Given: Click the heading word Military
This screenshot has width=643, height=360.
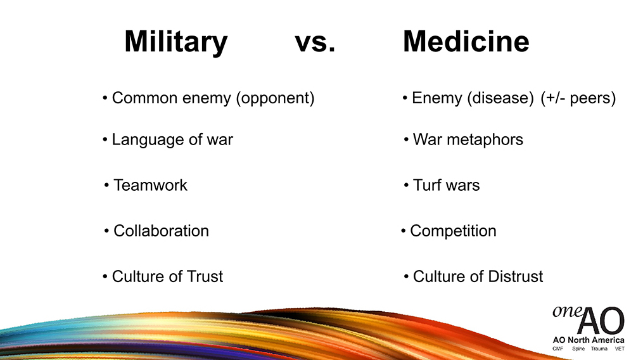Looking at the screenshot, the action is [176, 42].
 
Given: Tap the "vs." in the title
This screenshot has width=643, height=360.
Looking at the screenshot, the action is [315, 42].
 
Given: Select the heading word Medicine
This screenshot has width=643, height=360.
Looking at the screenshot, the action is [466, 41].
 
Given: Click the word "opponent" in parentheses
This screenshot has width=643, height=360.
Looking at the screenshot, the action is [275, 98].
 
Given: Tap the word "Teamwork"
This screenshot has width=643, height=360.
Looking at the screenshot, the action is [150, 185].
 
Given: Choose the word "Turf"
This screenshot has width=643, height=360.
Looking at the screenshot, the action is [427, 185].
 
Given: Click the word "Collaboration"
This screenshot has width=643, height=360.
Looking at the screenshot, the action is [161, 231].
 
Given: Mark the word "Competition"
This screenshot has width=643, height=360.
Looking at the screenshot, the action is [453, 231].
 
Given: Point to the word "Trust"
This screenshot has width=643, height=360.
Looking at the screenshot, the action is [205, 276].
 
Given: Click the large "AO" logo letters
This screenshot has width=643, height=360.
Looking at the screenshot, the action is [601, 320].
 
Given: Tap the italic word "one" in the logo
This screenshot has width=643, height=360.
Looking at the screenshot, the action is [567, 312].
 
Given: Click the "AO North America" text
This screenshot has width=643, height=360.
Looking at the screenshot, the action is [589, 340].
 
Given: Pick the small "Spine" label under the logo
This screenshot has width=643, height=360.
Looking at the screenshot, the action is [578, 349].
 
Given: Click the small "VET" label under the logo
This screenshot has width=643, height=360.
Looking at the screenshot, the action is [620, 349].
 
